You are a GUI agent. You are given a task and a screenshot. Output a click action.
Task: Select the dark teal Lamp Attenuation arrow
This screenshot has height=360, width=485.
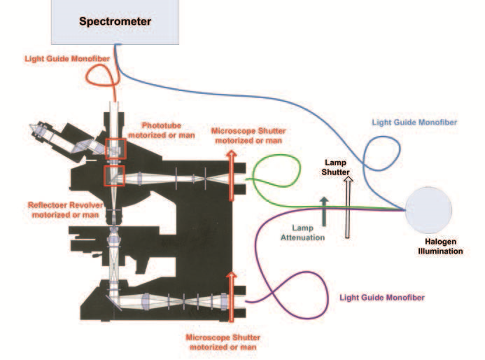point(324,211)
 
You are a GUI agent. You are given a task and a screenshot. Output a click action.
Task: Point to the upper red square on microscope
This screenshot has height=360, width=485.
point(115,148)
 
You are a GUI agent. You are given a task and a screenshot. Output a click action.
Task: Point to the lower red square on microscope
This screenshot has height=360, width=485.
point(115,176)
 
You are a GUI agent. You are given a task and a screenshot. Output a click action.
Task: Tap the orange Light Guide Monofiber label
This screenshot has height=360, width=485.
point(68,60)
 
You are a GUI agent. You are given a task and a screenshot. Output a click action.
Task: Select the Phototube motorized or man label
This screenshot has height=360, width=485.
point(165,130)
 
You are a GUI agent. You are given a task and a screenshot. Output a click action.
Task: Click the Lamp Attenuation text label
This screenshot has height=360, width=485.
point(308,233)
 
